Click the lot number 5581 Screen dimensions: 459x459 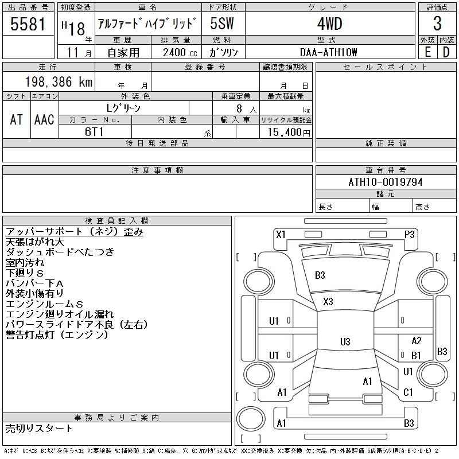click(x=28, y=24)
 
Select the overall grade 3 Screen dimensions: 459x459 click(x=437, y=24)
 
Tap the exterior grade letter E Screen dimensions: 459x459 click(x=427, y=52)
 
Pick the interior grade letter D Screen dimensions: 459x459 click(x=446, y=52)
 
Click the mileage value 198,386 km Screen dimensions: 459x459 click(x=59, y=81)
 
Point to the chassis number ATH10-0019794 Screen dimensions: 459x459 click(x=386, y=182)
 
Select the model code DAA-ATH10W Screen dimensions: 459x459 click(x=328, y=52)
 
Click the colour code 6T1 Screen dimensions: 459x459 click(x=94, y=132)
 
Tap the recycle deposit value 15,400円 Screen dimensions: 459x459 click(x=289, y=133)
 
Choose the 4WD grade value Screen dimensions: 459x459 click(x=329, y=24)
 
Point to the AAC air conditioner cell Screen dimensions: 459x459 click(x=45, y=119)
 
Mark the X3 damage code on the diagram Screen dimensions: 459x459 click(x=328, y=302)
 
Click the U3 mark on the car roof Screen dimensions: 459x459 click(x=345, y=341)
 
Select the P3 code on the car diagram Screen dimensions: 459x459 click(x=409, y=235)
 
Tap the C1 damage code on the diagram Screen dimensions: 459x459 click(x=408, y=392)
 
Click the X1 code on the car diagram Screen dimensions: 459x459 click(x=281, y=235)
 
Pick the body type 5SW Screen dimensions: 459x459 click(x=222, y=24)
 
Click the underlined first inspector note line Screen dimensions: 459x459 click(x=75, y=232)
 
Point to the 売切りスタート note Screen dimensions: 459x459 click(x=39, y=428)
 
